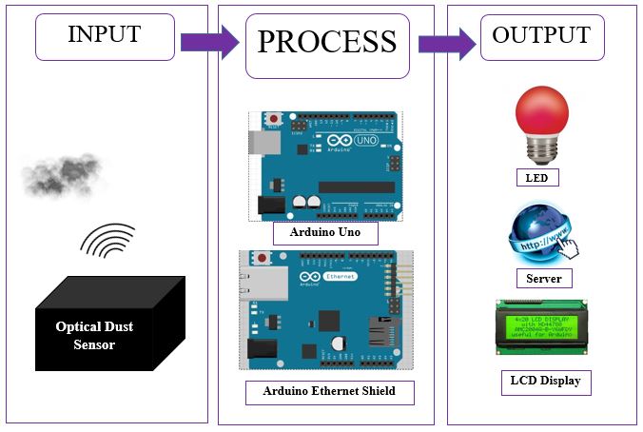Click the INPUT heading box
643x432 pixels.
click(104, 36)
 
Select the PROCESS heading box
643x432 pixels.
click(326, 43)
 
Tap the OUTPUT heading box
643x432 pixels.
click(540, 37)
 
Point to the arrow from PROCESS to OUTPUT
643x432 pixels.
click(447, 43)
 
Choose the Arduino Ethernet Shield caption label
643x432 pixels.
click(328, 391)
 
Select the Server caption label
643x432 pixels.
click(543, 279)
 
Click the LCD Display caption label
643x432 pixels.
click(545, 383)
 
